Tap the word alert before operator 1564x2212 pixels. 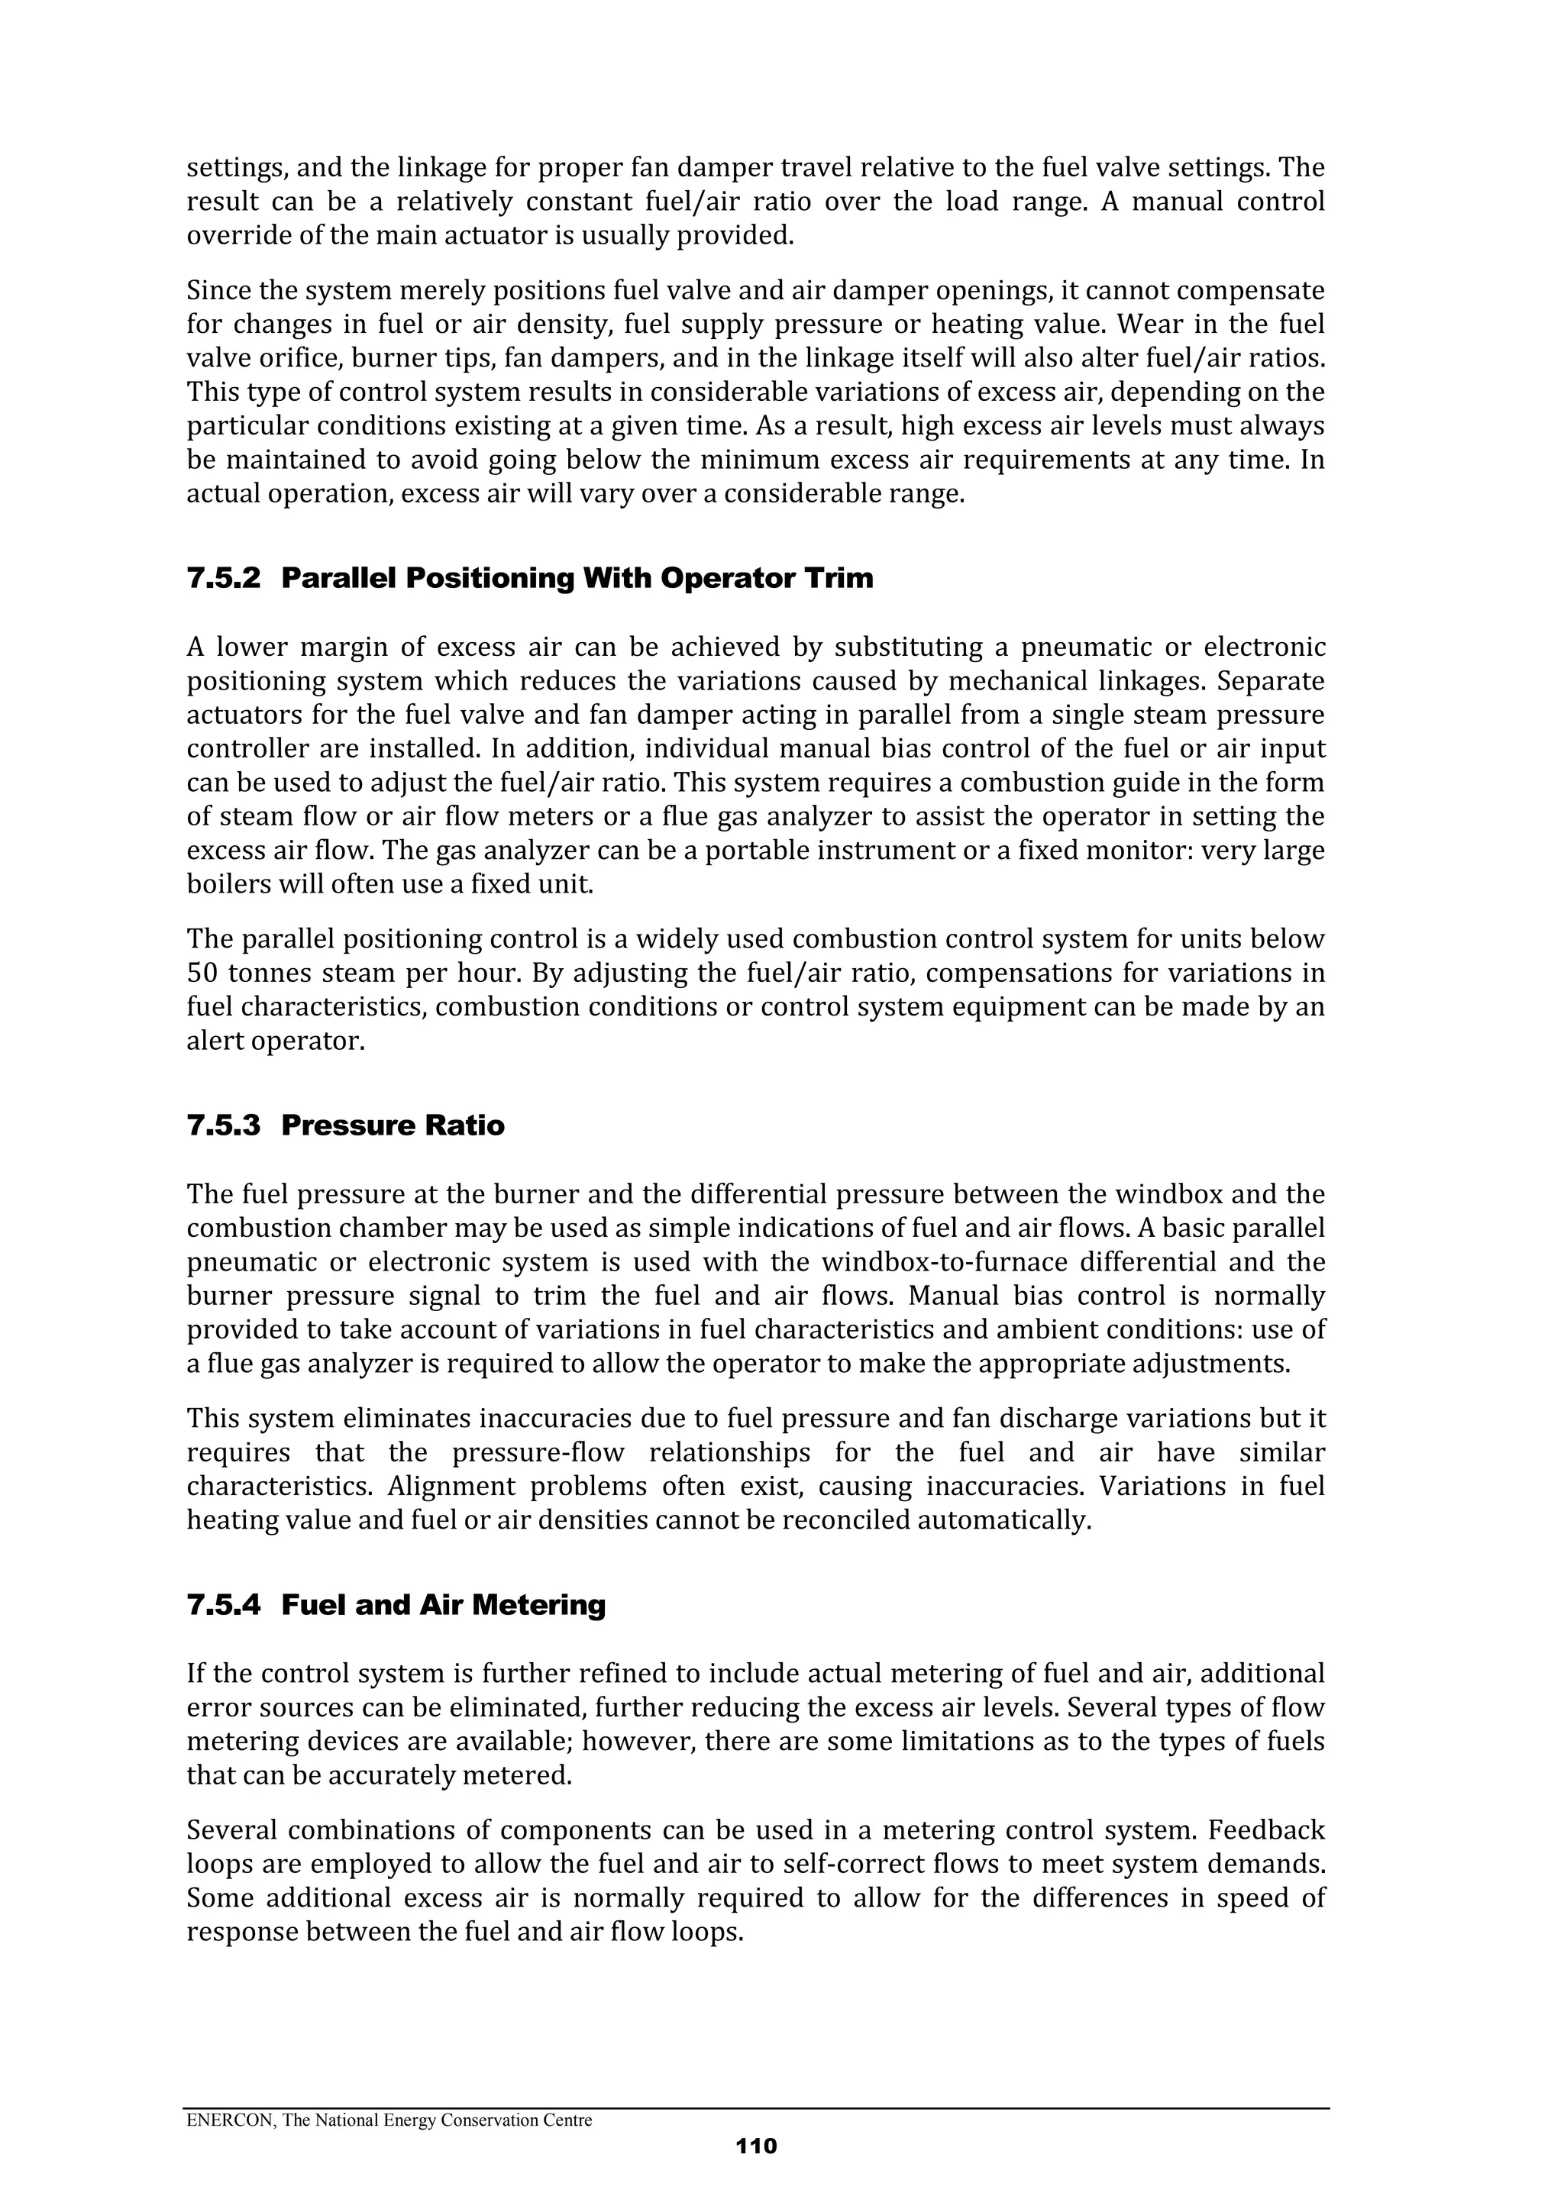[212, 1041]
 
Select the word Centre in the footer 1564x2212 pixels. [566, 2120]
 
